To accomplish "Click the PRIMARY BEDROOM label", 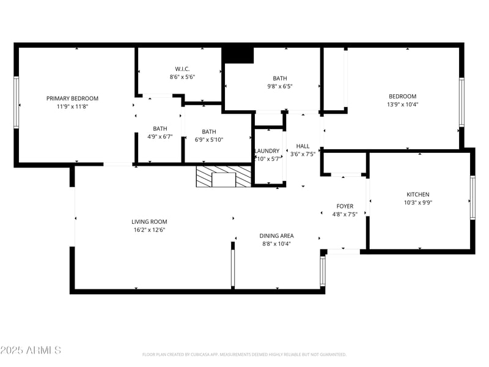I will tap(72, 98).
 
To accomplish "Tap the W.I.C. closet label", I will tap(182, 69).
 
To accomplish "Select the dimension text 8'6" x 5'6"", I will tap(182, 77).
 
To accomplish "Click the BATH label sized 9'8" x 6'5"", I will tap(279, 78).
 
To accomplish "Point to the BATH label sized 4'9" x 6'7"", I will tap(160, 128).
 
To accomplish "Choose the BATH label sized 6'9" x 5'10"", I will tap(208, 132).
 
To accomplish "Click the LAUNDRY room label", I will tap(267, 151).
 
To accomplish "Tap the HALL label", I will tap(303, 147).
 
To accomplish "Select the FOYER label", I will tap(345, 206).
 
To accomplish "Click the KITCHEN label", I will tap(418, 195).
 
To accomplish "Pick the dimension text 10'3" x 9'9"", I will tap(418, 203).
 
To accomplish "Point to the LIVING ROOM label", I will tap(149, 222).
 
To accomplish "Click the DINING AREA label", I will tap(276, 235).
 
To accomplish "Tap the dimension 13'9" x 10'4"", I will tap(403, 104).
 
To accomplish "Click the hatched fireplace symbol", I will tap(223, 177).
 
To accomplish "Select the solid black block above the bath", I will tap(238, 54).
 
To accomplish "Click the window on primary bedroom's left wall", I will tap(17, 103).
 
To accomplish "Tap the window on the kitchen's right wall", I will tap(472, 198).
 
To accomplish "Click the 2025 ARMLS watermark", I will tap(31, 350).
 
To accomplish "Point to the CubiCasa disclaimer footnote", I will tap(244, 354).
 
